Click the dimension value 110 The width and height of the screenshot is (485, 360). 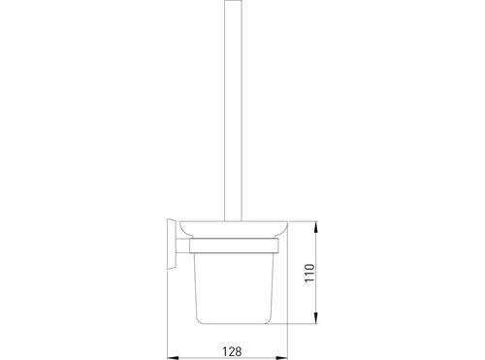pos(309,273)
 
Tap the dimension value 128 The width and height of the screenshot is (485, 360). pos(232,351)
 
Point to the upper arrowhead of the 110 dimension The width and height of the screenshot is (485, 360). pos(316,226)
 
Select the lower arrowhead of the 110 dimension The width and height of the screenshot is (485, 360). pos(316,317)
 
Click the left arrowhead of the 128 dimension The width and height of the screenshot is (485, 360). pos(172,358)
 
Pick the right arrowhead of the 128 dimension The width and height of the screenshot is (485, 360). pos(282,358)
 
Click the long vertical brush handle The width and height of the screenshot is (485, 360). pos(233,111)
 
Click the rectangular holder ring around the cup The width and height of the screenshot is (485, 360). pos(234,245)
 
